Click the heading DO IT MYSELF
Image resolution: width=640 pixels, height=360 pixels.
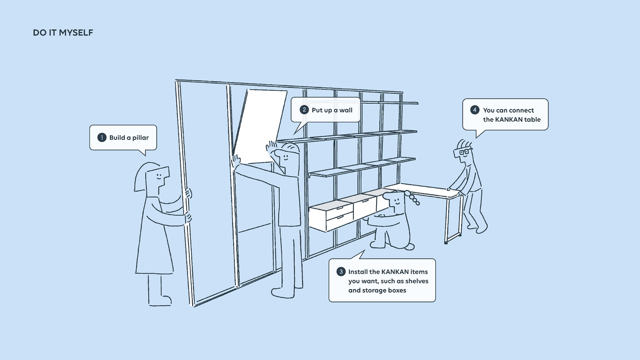(x=63, y=33)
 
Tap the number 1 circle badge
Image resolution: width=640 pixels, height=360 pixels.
(x=102, y=137)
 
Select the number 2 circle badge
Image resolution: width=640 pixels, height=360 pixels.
(x=304, y=110)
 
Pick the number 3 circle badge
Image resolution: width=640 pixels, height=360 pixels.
(x=341, y=272)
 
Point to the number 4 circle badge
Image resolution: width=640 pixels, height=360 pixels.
(x=475, y=110)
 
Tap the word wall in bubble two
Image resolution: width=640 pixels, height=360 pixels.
(x=346, y=110)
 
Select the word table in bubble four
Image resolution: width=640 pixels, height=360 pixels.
(x=532, y=120)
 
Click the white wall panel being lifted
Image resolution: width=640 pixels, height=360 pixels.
(x=261, y=125)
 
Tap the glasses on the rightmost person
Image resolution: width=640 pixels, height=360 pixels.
(x=463, y=152)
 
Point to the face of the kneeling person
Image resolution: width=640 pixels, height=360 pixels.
(x=397, y=202)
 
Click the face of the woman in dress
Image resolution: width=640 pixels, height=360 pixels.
(x=159, y=176)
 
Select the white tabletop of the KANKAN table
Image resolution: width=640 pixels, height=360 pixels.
(x=424, y=190)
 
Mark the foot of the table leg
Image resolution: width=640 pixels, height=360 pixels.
(x=446, y=242)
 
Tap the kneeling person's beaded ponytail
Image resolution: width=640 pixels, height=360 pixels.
(x=414, y=199)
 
